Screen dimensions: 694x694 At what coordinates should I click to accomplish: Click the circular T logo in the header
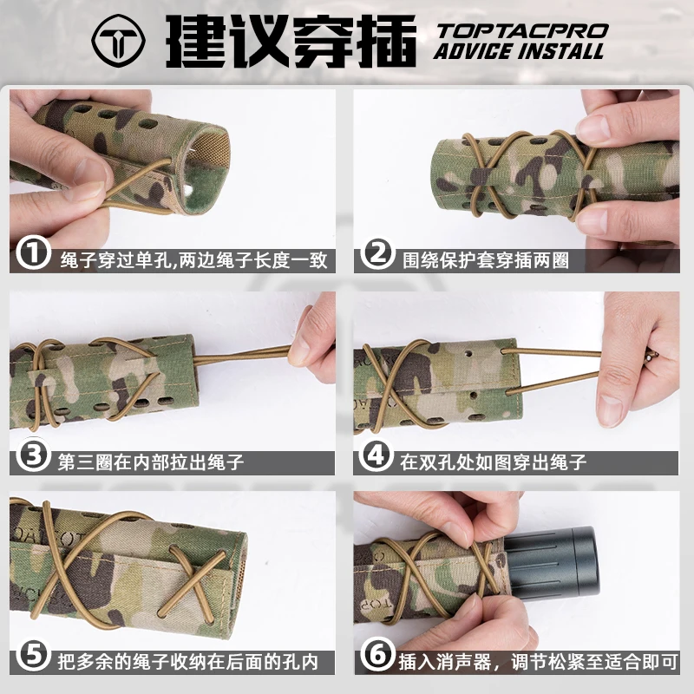118,41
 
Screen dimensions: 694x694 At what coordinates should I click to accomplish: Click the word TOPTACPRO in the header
522,31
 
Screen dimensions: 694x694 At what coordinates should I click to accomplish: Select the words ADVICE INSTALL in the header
519,51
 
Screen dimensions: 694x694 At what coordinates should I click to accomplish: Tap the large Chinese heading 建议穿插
291,41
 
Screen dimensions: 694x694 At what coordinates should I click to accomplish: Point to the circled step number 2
377,253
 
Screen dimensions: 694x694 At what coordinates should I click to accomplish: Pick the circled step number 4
376,455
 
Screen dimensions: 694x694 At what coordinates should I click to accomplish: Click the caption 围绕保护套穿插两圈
486,260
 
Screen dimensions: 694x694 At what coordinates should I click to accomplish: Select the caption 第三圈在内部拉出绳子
151,462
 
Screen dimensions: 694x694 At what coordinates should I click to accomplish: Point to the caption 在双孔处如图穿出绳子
493,462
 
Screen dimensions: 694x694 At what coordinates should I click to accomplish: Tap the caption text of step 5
188,662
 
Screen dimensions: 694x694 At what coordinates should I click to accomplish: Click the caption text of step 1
193,260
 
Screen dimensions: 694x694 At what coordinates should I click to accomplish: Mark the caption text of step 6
538,662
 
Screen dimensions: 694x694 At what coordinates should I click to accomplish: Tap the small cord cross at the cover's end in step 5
193,579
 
